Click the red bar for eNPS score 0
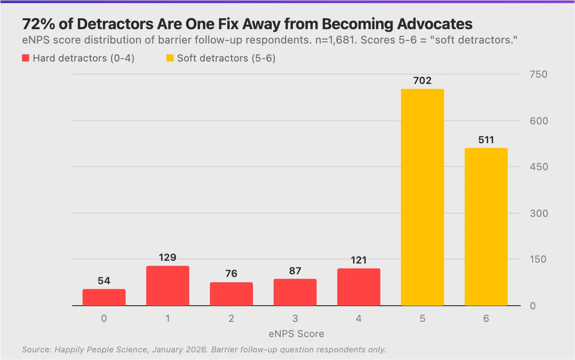[x=104, y=297]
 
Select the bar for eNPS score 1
[x=168, y=285]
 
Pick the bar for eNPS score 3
[x=295, y=292]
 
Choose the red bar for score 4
[x=359, y=287]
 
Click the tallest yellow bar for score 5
[x=423, y=198]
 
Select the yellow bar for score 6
[x=486, y=227]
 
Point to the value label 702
[x=423, y=81]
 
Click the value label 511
[x=486, y=140]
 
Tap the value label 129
[x=168, y=258]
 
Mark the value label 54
[x=104, y=281]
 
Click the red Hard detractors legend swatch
[x=26, y=58]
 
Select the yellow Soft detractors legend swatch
[x=170, y=58]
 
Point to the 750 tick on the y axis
[x=538, y=75]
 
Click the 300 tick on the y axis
[x=538, y=213]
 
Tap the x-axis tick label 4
[x=359, y=319]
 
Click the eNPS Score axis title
[x=296, y=334]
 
